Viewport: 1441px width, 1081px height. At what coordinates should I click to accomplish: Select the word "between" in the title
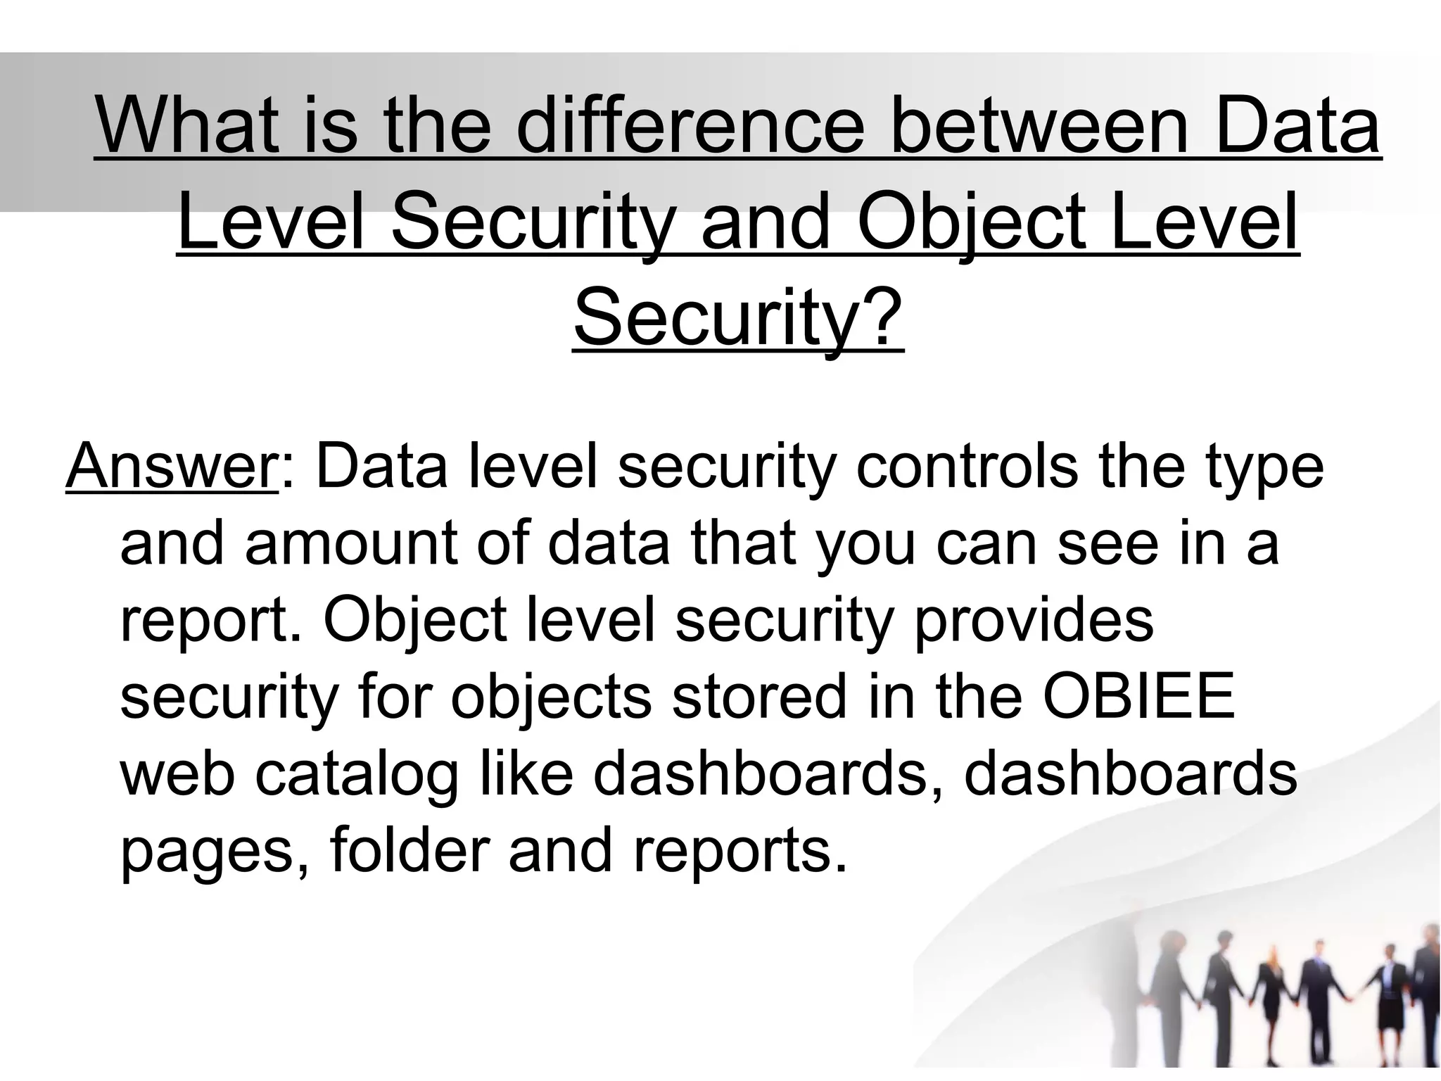click(x=1040, y=127)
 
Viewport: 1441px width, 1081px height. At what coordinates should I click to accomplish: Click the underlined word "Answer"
click(x=172, y=466)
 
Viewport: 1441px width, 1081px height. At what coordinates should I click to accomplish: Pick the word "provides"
click(x=1033, y=621)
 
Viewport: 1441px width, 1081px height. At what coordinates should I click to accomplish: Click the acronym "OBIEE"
click(x=1139, y=697)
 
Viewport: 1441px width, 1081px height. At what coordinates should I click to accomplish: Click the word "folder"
click(x=409, y=850)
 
